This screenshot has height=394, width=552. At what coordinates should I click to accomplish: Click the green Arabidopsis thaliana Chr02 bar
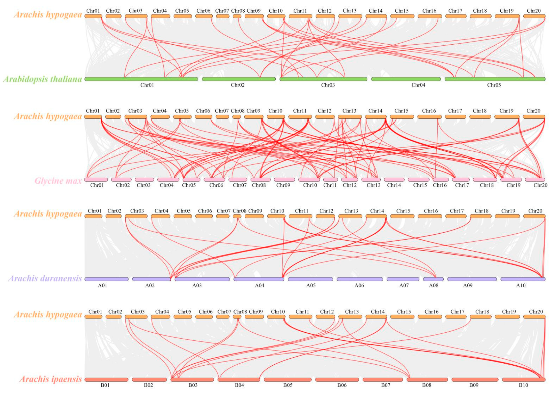[239, 79]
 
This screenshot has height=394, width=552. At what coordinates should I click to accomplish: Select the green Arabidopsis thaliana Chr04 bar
[406, 79]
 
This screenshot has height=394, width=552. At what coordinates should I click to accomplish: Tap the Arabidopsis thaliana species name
[43, 79]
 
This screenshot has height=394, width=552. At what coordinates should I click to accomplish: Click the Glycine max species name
[58, 181]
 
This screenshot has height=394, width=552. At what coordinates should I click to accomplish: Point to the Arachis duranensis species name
[45, 278]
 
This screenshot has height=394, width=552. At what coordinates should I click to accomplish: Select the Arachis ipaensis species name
[51, 379]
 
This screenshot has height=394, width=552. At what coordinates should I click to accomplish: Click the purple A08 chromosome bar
[433, 279]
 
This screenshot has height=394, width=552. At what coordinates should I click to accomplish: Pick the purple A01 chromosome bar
[106, 279]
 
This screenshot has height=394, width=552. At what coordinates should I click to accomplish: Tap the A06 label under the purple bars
[359, 285]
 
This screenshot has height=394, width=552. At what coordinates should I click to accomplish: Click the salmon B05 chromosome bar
[287, 380]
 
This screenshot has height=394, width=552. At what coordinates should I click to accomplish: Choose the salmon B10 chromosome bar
[524, 380]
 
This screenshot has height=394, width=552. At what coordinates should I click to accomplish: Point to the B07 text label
[386, 385]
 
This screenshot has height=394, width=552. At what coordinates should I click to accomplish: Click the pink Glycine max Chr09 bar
[284, 179]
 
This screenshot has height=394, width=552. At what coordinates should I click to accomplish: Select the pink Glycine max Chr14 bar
[394, 179]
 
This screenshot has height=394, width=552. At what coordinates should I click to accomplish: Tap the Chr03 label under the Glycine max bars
[143, 185]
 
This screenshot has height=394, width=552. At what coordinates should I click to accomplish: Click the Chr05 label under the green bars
[494, 85]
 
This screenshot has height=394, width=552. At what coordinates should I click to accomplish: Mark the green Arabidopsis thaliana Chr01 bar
[141, 79]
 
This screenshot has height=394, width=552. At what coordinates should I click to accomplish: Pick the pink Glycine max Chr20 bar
[535, 179]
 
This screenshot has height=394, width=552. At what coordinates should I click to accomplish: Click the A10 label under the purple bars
[521, 285]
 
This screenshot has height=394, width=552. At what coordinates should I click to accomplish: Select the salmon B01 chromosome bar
[106, 380]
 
